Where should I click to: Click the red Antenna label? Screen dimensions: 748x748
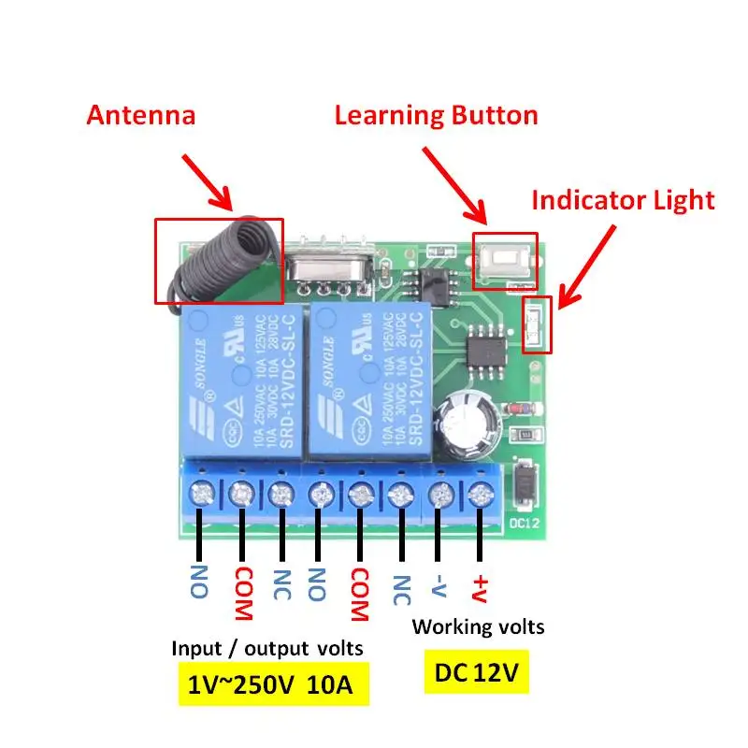tap(141, 115)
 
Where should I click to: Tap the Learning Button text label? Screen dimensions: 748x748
tap(436, 115)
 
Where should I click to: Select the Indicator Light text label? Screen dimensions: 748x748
tap(623, 199)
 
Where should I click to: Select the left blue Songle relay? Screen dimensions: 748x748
tap(238, 379)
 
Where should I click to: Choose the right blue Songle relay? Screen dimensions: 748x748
tap(369, 379)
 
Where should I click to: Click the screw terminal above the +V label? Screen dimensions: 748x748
tap(481, 493)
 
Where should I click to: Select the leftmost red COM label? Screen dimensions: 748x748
tap(242, 593)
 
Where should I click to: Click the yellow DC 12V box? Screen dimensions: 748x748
tap(476, 671)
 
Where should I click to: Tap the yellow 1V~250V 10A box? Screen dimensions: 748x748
tap(270, 684)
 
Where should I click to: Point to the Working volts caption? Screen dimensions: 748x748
tap(478, 626)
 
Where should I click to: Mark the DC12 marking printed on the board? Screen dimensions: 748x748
tap(522, 521)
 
